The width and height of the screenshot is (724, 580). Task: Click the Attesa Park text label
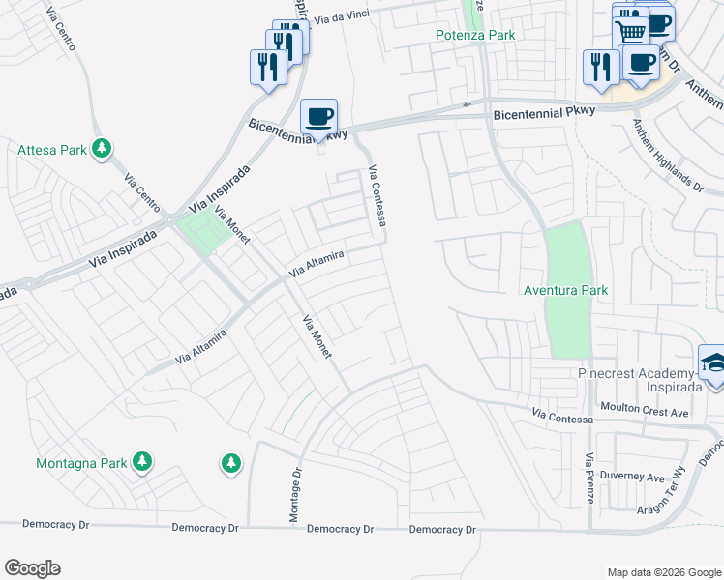pyautogui.click(x=52, y=150)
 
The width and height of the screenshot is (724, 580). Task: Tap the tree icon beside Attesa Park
pyautogui.click(x=102, y=150)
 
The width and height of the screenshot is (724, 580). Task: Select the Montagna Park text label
pyautogui.click(x=81, y=463)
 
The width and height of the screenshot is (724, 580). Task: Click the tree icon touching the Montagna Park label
pyautogui.click(x=142, y=462)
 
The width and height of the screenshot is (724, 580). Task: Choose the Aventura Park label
pyautogui.click(x=565, y=290)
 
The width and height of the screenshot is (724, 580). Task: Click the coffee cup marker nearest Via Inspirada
pyautogui.click(x=318, y=118)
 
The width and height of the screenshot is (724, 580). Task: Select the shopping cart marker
pyautogui.click(x=631, y=32)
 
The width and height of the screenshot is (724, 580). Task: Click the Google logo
pyautogui.click(x=32, y=568)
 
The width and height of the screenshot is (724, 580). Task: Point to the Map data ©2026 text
pyautogui.click(x=663, y=572)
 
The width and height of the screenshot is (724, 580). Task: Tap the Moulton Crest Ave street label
pyautogui.click(x=644, y=412)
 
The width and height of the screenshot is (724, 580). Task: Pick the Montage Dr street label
pyautogui.click(x=296, y=496)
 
